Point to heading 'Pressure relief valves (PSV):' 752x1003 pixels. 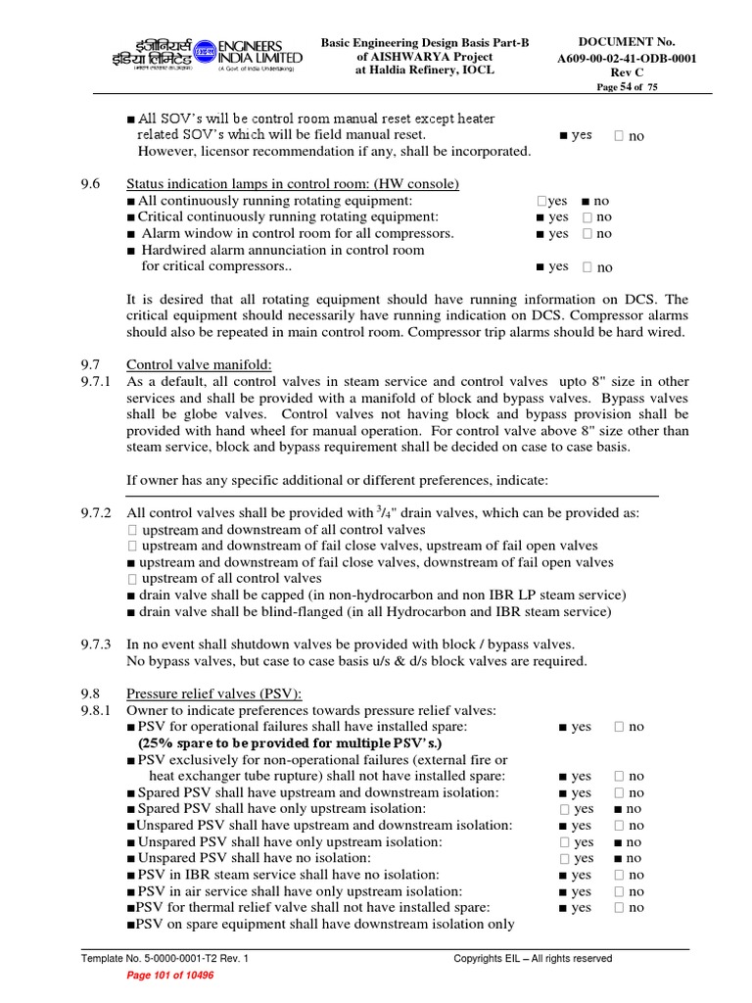(214, 693)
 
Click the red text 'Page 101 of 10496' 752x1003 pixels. (171, 976)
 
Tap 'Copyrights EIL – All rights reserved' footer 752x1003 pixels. (533, 958)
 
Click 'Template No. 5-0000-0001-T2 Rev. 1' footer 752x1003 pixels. (164, 958)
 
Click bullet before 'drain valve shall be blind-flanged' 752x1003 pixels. (132, 612)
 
